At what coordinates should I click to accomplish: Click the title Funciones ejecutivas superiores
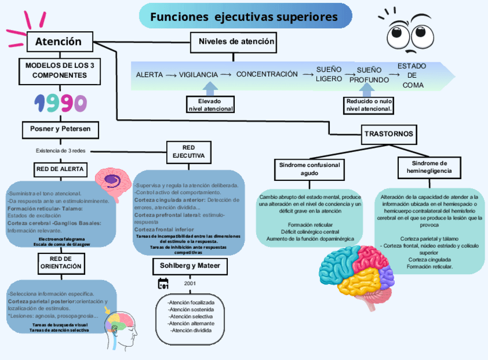[x=245, y=17]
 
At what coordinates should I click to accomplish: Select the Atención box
[x=59, y=41]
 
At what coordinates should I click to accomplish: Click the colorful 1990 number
[x=60, y=103]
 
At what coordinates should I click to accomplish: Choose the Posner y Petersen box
[x=60, y=129]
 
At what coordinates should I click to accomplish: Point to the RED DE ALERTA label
[x=60, y=169]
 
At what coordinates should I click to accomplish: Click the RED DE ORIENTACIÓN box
[x=60, y=263]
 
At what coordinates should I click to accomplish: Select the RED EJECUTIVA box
[x=188, y=152]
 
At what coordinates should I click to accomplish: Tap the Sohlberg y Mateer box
[x=190, y=267]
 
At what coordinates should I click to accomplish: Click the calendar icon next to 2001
[x=163, y=283]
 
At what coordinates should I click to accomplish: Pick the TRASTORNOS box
[x=388, y=134]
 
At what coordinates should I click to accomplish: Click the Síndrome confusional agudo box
[x=310, y=169]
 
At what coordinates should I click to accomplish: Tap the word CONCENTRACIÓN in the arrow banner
[x=267, y=74]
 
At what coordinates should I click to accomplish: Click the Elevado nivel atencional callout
[x=211, y=105]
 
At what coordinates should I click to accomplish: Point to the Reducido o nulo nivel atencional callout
[x=369, y=105]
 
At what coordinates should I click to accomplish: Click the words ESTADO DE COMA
[x=412, y=75]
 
